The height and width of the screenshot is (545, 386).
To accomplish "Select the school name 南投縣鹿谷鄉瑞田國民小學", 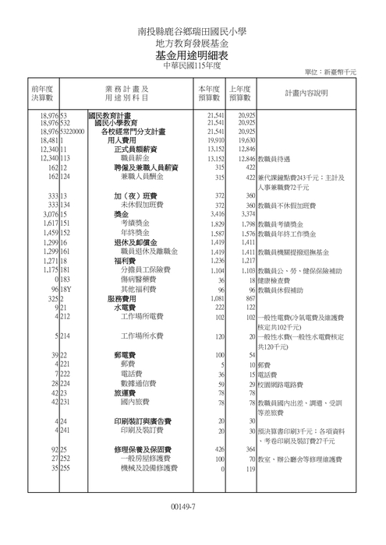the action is click(192, 32).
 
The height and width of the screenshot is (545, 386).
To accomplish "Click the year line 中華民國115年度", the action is click(192, 67).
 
